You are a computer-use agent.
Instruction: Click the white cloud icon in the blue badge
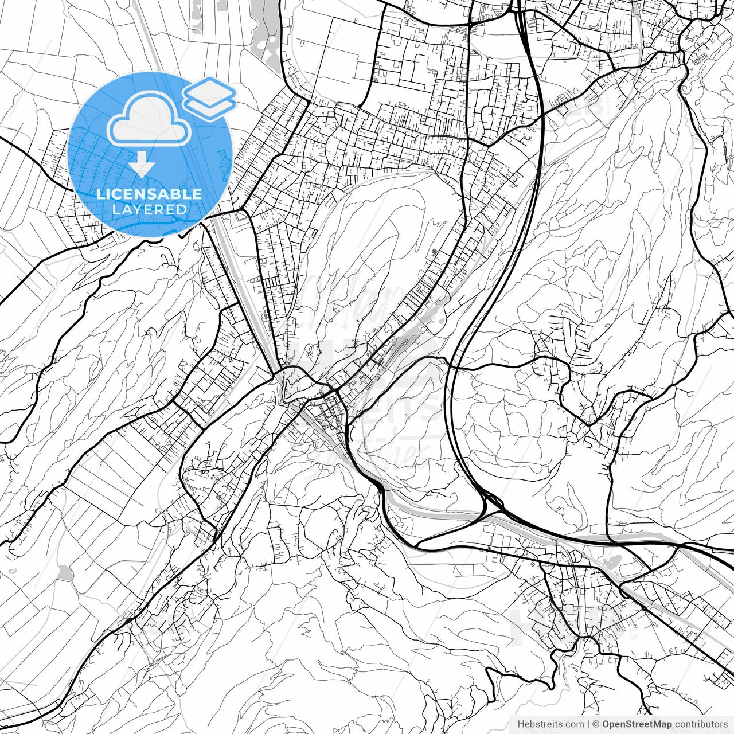coord(149,120)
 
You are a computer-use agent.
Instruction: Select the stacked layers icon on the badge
coord(209,97)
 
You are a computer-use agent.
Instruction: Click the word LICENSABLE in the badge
coord(149,194)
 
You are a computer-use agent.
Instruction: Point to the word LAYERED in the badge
coord(149,209)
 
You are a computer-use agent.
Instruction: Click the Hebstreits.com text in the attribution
coord(550,724)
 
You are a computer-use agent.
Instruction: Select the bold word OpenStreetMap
coord(637,724)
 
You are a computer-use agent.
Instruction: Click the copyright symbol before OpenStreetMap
coord(596,724)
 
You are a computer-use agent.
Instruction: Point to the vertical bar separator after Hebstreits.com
coord(589,724)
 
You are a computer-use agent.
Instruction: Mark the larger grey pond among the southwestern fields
coord(65,572)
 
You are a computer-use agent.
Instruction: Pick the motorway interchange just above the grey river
coord(490,502)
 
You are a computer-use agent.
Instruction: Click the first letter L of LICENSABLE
coord(99,194)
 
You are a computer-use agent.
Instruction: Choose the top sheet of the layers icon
coord(210,90)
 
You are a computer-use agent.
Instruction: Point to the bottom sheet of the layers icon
coord(210,107)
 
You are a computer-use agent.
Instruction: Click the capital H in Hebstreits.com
coord(521,724)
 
